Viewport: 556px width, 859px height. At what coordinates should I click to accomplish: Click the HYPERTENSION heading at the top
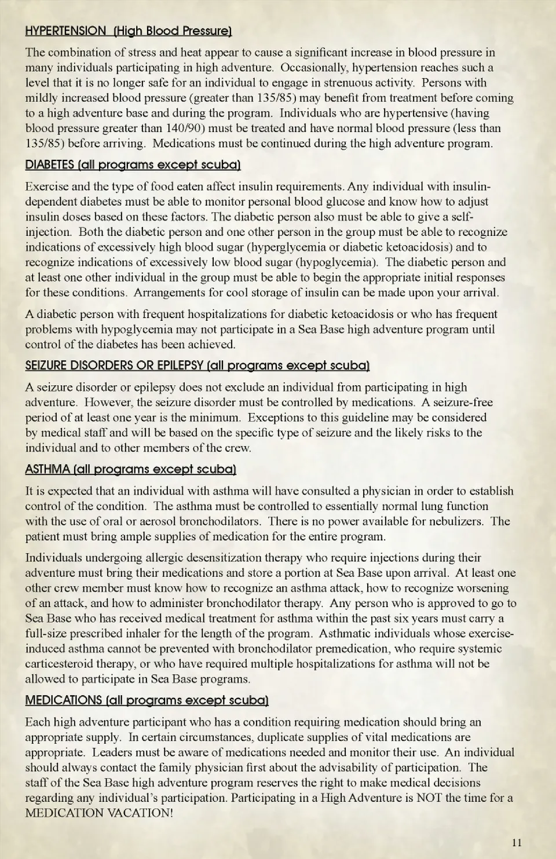click(129, 31)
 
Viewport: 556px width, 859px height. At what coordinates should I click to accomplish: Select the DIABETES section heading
click(133, 165)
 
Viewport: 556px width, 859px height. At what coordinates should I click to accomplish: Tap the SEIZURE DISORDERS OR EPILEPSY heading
click(197, 366)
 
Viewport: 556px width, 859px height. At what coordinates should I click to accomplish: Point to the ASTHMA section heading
click(130, 470)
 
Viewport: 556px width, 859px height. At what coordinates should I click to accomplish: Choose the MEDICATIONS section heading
click(147, 701)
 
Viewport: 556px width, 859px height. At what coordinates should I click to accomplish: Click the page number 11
click(517, 842)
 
